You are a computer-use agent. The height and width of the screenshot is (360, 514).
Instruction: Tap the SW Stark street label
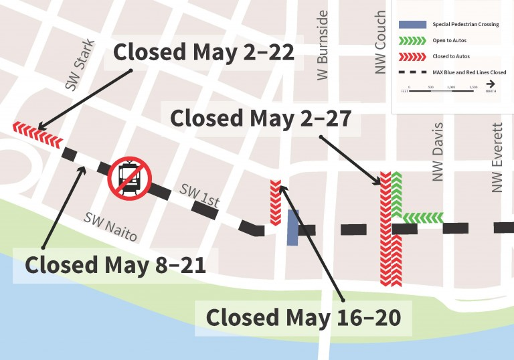[80, 65]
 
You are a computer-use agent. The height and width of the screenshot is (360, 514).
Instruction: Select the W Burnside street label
[323, 45]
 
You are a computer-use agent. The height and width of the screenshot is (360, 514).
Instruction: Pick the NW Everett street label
[497, 158]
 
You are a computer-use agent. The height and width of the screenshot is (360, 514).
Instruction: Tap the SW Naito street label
[110, 226]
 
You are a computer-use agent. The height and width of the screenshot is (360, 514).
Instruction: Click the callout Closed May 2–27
[261, 118]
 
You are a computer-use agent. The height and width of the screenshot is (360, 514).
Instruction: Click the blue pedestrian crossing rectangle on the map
[292, 228]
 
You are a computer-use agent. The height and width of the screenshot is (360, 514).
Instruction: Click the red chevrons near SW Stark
[37, 134]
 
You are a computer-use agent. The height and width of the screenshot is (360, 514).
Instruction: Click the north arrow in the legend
[491, 84]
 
